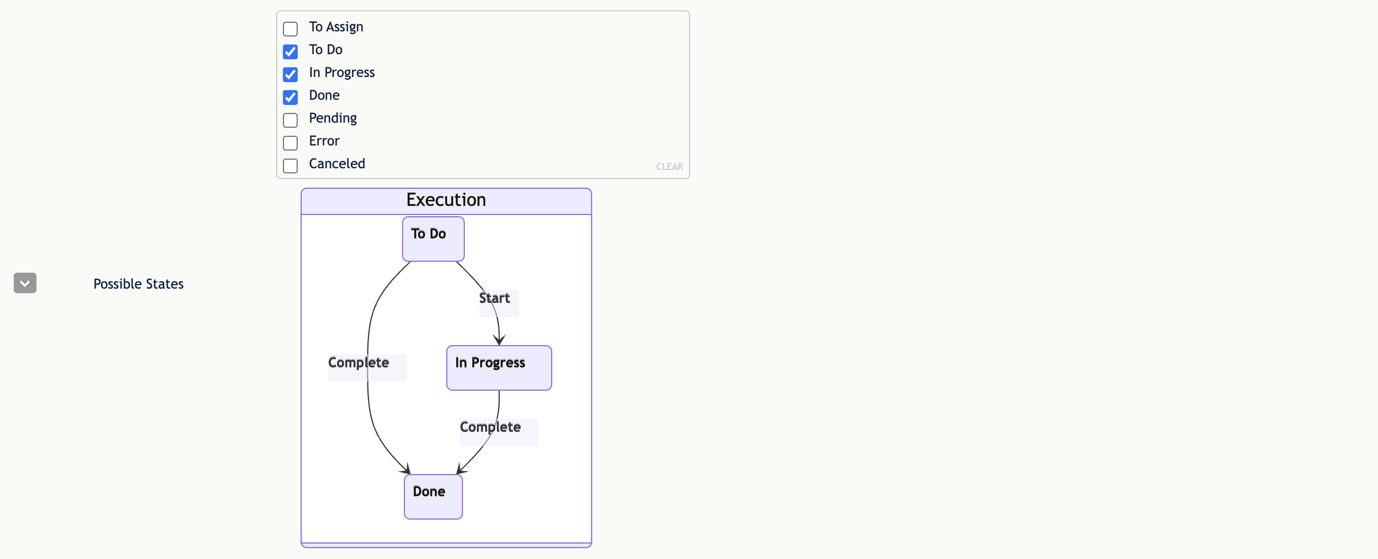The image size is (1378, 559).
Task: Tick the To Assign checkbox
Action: (290, 29)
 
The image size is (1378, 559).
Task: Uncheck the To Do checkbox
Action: (290, 52)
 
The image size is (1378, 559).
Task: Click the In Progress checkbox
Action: (290, 75)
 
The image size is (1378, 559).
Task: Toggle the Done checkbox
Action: (290, 98)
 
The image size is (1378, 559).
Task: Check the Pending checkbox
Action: (290, 120)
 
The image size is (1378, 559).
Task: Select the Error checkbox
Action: (290, 143)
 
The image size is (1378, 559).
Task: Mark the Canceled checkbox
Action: (290, 166)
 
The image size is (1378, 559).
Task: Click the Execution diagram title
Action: (446, 200)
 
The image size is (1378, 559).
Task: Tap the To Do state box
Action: (433, 239)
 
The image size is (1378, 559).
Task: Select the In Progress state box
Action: (499, 368)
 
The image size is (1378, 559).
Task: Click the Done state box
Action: (433, 497)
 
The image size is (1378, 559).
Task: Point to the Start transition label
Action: (495, 298)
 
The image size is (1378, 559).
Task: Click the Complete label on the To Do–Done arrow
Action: (359, 363)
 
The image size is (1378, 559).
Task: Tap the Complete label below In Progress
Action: (491, 427)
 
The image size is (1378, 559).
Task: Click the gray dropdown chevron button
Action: (25, 283)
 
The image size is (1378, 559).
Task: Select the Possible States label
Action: (139, 284)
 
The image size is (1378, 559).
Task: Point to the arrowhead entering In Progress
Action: (499, 341)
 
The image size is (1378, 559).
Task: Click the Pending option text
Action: (333, 119)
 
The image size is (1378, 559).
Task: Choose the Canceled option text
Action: (337, 164)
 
